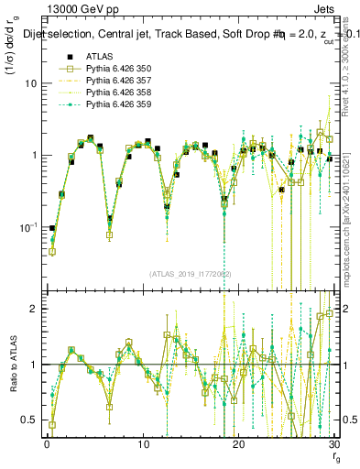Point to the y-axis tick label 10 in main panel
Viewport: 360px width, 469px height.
click(30, 82)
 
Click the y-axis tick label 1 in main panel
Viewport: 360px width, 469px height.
click(34, 155)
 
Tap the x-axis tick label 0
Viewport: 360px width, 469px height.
click(46, 443)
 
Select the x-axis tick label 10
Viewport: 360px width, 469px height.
click(142, 443)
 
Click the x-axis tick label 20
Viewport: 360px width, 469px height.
click(238, 443)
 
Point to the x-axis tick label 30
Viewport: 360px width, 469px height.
click(333, 443)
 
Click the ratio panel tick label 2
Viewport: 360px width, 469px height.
click(34, 309)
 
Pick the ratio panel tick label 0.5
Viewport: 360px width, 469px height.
click(29, 420)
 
